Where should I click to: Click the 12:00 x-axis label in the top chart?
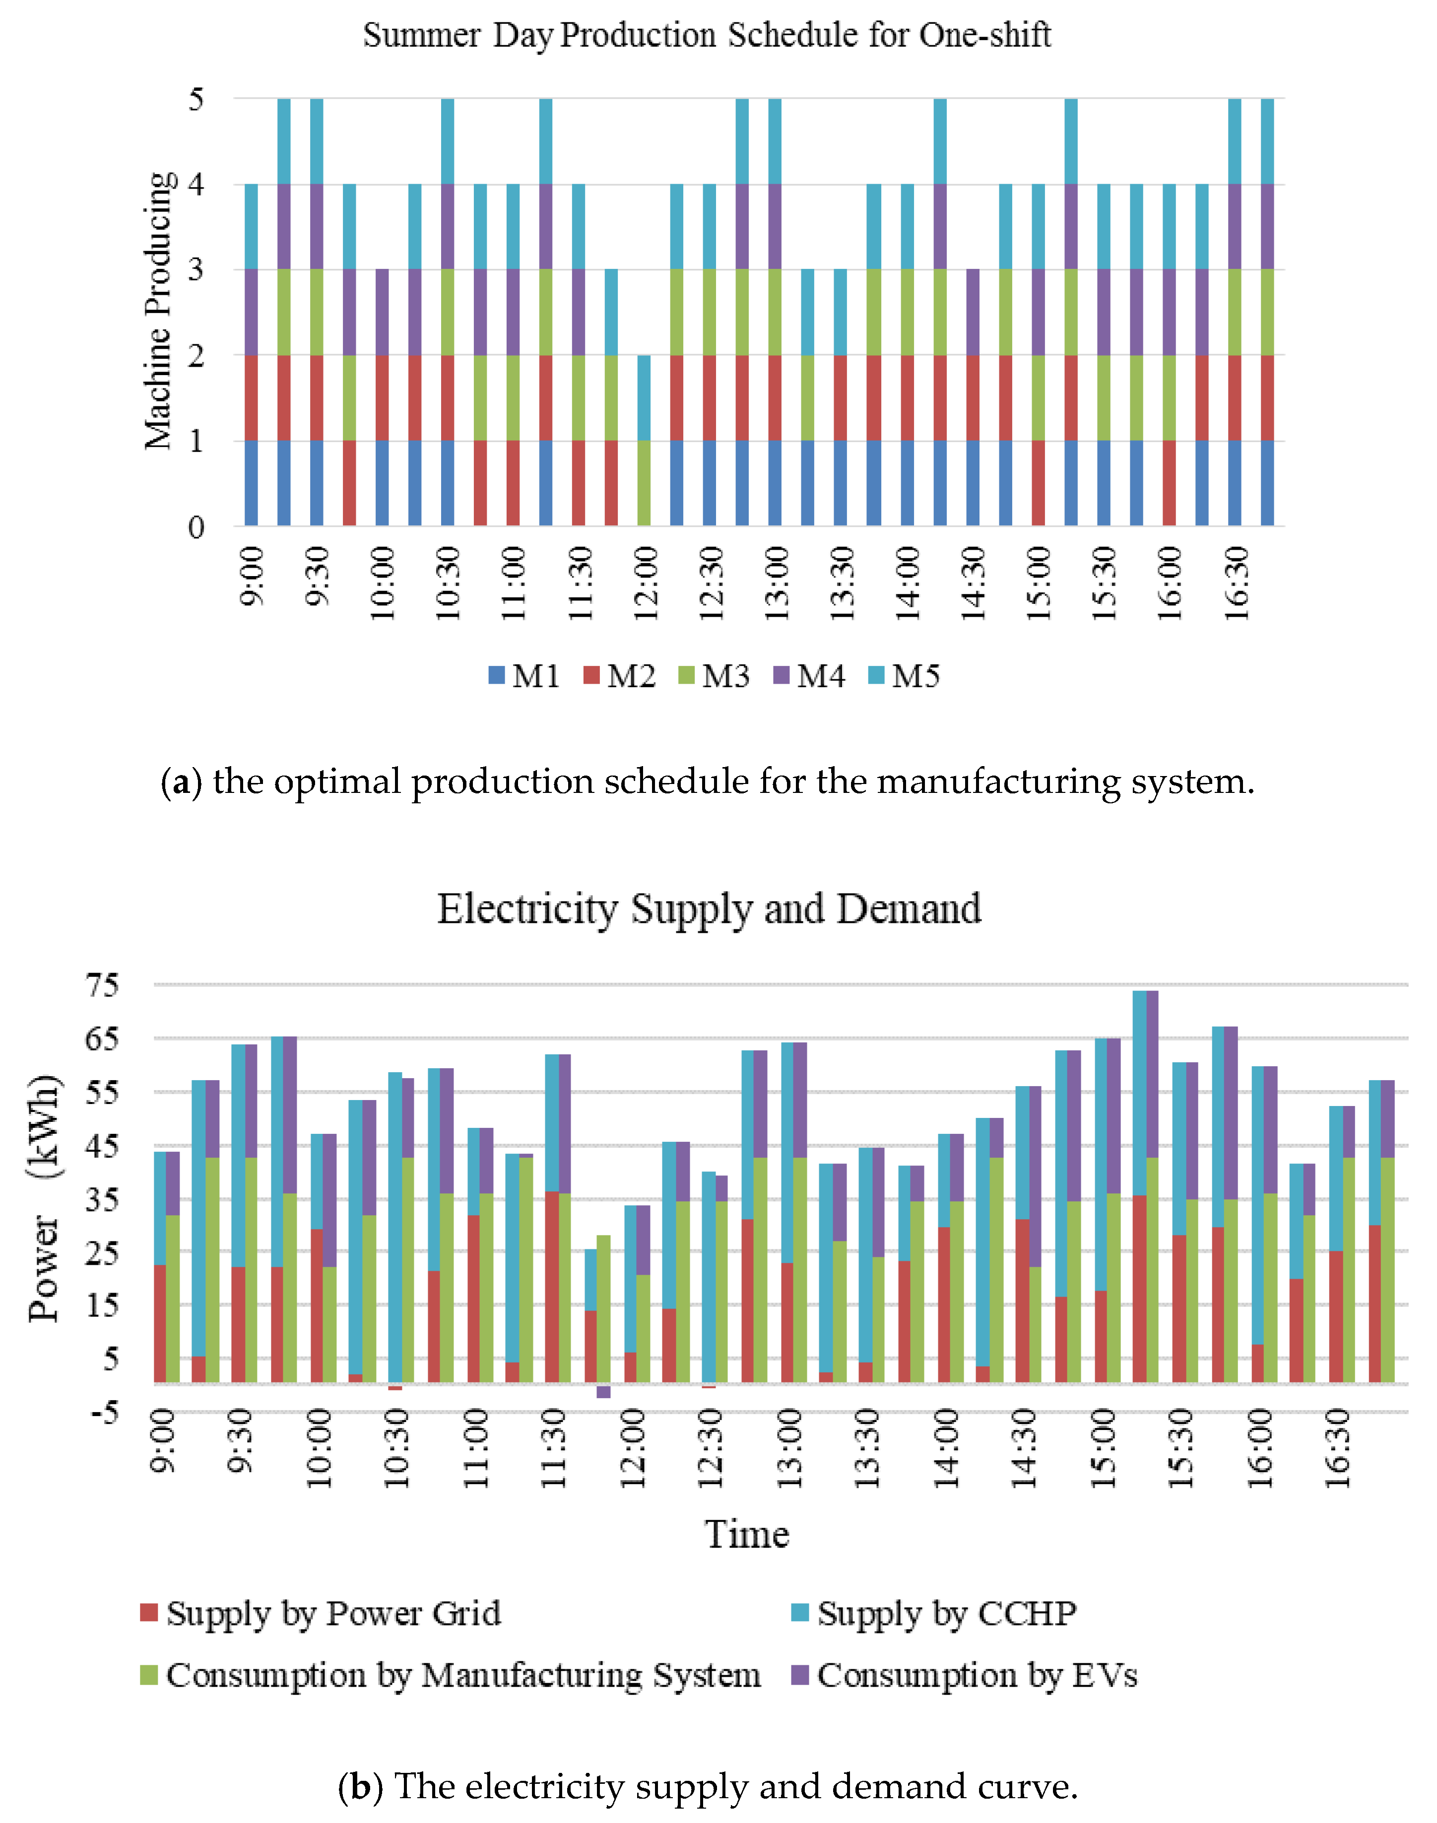tap(645, 584)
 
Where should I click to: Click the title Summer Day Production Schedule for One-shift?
tap(707, 35)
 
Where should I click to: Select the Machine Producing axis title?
tap(158, 311)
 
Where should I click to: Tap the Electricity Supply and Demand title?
tap(709, 909)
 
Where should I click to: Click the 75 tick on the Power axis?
tap(103, 984)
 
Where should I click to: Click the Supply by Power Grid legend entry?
tap(320, 1614)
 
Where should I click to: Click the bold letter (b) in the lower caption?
tap(360, 1786)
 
